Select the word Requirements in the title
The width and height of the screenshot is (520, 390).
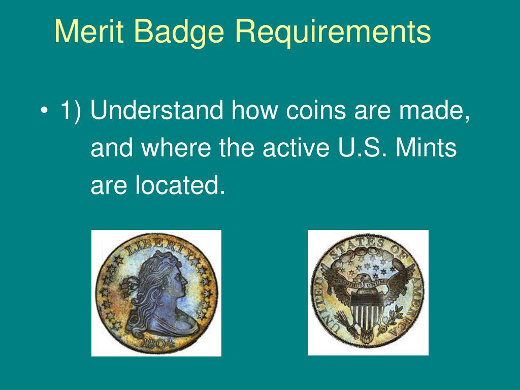333,32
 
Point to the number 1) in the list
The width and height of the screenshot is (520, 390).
70,111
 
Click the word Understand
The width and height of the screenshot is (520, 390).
157,111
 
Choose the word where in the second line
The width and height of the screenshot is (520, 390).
176,148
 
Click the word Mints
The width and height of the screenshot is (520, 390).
426,148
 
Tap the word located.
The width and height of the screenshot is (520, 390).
180,186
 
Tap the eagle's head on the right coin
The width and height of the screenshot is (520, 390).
365,278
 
